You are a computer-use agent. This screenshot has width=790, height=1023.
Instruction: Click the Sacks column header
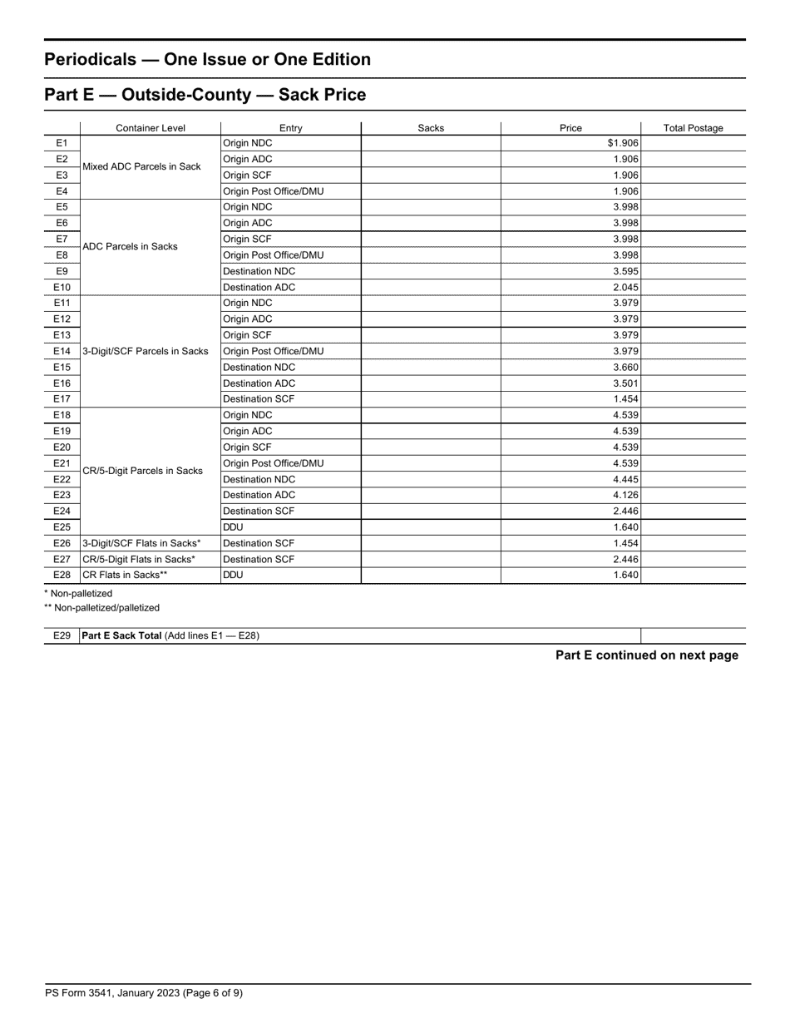(431, 128)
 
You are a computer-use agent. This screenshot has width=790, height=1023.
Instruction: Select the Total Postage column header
(693, 128)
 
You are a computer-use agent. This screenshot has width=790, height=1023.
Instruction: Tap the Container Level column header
(151, 128)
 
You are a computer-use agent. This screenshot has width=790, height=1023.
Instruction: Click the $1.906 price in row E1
(623, 143)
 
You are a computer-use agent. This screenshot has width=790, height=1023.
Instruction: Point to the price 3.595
(625, 271)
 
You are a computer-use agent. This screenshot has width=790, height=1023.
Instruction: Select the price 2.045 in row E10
(625, 287)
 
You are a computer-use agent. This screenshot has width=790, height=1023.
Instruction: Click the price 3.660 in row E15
(625, 367)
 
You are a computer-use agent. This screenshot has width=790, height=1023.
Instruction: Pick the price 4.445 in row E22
(625, 479)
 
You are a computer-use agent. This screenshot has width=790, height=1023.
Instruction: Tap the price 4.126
(625, 495)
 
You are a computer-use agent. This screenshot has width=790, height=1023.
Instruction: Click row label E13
(62, 335)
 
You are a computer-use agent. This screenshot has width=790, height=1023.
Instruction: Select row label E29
(62, 635)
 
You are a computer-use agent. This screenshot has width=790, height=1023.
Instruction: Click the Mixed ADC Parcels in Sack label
(141, 167)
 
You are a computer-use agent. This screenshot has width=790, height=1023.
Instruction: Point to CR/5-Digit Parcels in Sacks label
(142, 471)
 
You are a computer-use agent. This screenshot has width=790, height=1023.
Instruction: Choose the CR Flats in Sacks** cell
(125, 575)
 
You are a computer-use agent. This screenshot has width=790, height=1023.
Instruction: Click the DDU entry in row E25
(234, 526)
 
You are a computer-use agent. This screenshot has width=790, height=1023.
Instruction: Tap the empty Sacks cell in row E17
(431, 399)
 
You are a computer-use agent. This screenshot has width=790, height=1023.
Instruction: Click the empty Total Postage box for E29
(693, 635)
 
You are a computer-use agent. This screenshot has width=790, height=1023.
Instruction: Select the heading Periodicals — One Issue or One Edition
(207, 60)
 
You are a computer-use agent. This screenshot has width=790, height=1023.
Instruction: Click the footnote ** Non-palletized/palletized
(101, 608)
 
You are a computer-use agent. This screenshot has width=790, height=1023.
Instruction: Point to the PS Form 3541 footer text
(144, 992)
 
